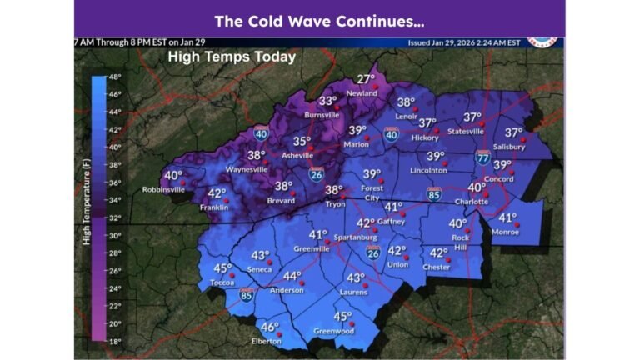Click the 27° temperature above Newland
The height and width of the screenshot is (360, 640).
coord(366,80)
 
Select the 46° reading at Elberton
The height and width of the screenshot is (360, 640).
coord(269,327)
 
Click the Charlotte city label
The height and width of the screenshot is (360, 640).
coord(471,201)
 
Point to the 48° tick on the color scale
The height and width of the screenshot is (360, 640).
coord(115,77)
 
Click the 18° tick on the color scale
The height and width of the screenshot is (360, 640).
coord(115,342)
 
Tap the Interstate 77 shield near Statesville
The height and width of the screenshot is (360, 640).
coord(482,157)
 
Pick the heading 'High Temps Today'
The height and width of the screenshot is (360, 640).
coord(232,57)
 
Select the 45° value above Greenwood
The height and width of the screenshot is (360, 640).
coord(342,317)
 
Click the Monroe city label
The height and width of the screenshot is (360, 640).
coord(505,231)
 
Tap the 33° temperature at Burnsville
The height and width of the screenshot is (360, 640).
coord(327,101)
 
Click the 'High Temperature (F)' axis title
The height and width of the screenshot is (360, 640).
coord(87,205)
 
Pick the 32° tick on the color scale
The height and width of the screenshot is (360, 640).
coord(115,217)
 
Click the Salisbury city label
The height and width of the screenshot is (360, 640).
coord(508,147)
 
